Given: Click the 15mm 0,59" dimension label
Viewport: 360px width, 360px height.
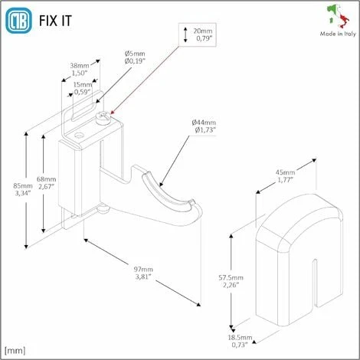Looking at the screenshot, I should [82, 89].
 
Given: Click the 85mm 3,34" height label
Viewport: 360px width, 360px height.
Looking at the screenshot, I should [22, 190].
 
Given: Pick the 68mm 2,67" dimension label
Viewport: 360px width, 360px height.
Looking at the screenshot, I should [47, 181].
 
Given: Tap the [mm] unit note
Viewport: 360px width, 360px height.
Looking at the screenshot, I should [16, 351].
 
